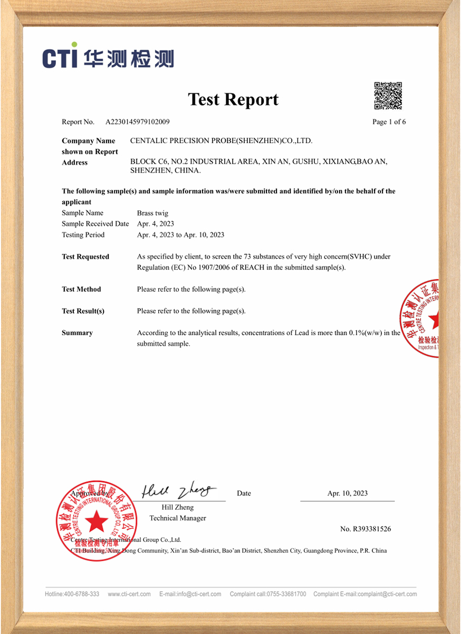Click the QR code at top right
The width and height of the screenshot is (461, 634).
388,96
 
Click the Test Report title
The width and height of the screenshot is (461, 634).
233,99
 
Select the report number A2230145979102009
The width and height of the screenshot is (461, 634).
138,122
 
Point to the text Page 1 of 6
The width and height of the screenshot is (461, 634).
389,122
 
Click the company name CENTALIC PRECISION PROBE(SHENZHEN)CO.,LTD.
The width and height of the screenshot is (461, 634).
221,141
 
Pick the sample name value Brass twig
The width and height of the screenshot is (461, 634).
152,213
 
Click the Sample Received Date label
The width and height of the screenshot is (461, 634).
95,223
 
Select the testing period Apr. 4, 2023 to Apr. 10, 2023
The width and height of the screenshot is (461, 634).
180,235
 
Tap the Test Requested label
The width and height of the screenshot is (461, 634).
85,257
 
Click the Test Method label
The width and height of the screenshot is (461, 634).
81,289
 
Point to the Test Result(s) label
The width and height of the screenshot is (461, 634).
83,311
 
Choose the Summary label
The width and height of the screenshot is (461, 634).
77,333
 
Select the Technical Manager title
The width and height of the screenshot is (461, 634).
178,518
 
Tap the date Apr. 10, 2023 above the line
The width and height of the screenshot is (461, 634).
347,493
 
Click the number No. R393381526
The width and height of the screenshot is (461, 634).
366,529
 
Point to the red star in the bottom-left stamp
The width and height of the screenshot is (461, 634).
97,522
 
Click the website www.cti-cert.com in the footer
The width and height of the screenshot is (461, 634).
129,594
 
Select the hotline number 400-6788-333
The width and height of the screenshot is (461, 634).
81,594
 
